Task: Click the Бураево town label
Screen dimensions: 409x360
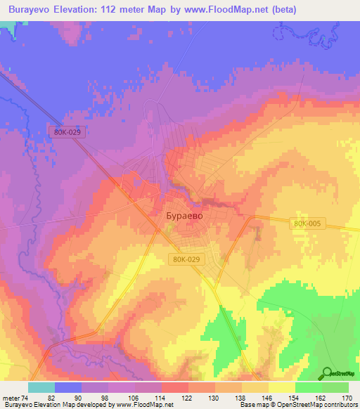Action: pyautogui.click(x=184, y=216)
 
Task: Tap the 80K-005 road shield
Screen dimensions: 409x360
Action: pyautogui.click(x=307, y=223)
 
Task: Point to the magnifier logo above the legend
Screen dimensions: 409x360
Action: pyautogui.click(x=328, y=372)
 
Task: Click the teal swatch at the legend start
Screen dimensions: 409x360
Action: pyautogui.click(x=41, y=387)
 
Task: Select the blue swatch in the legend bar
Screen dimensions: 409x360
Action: pyautogui.click(x=68, y=387)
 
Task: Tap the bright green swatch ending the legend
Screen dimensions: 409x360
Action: pyautogui.click(x=335, y=387)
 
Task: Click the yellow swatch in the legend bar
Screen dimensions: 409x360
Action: pyautogui.click(x=281, y=387)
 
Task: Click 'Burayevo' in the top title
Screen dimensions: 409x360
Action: pyautogui.click(x=32, y=10)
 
